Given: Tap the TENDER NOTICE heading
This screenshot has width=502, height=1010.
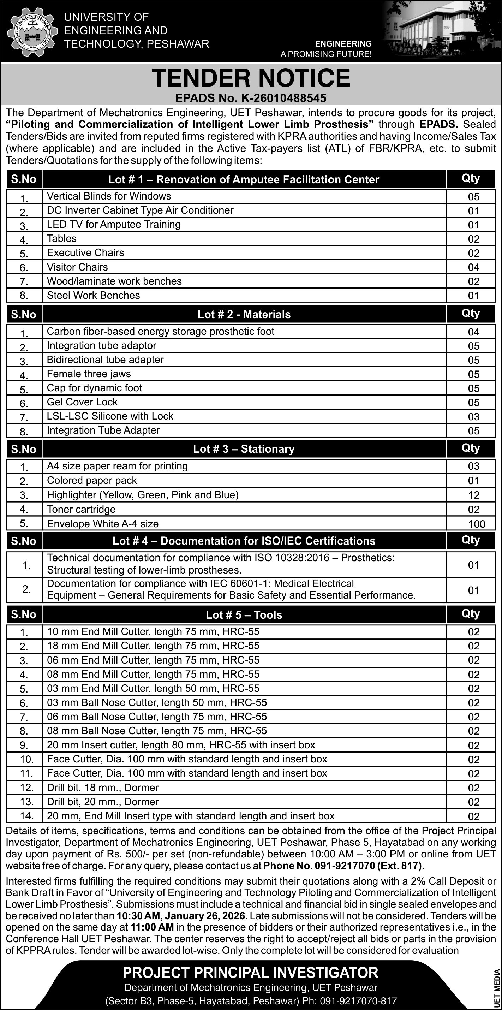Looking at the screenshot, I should pyautogui.click(x=251, y=78).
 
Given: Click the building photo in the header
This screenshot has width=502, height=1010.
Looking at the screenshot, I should pyautogui.click(x=441, y=31).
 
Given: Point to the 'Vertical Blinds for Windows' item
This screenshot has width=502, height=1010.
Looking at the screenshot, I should pyautogui.click(x=109, y=196).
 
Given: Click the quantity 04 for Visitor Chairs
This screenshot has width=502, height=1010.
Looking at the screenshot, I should pyautogui.click(x=473, y=267).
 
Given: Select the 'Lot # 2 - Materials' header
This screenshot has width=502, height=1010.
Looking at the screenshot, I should pyautogui.click(x=244, y=314).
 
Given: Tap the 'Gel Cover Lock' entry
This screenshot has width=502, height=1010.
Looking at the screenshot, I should pyautogui.click(x=82, y=402).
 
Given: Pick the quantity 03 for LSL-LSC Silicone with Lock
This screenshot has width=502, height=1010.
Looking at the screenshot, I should pyautogui.click(x=473, y=417).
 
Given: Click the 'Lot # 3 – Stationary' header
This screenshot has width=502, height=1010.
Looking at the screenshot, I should pyautogui.click(x=244, y=449).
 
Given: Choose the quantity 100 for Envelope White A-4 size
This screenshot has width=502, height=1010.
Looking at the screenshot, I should pyautogui.click(x=476, y=524).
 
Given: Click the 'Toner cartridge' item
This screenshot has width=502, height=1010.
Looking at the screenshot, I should pyautogui.click(x=81, y=509).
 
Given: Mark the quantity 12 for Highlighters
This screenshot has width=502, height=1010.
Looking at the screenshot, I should pyautogui.click(x=473, y=495).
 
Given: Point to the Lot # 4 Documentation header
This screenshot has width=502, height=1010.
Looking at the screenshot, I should pyautogui.click(x=244, y=541).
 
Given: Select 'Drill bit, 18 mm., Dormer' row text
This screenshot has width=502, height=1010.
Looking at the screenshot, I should pyautogui.click(x=103, y=788).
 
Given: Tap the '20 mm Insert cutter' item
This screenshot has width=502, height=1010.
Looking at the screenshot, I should pyautogui.click(x=181, y=745).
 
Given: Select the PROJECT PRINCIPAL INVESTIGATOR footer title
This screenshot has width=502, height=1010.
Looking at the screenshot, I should pyautogui.click(x=250, y=972).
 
